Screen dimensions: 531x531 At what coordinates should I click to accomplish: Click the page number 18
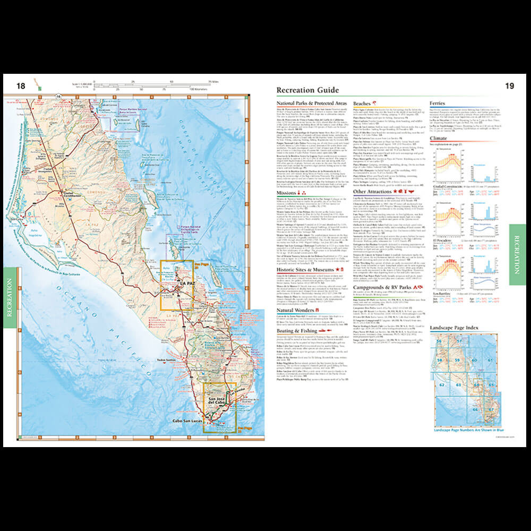[21, 86]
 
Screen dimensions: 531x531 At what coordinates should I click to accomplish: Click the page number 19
[509, 85]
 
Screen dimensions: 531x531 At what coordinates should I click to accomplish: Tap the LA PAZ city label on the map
[187, 284]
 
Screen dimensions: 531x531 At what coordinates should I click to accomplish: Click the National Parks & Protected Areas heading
[312, 104]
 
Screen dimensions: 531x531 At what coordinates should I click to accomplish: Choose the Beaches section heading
[362, 104]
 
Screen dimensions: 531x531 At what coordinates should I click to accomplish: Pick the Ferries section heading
[437, 104]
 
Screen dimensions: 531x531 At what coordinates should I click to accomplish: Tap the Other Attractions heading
[375, 191]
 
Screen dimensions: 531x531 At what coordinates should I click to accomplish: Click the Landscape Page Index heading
[454, 328]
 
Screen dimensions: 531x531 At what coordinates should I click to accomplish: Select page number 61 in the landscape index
[489, 361]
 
